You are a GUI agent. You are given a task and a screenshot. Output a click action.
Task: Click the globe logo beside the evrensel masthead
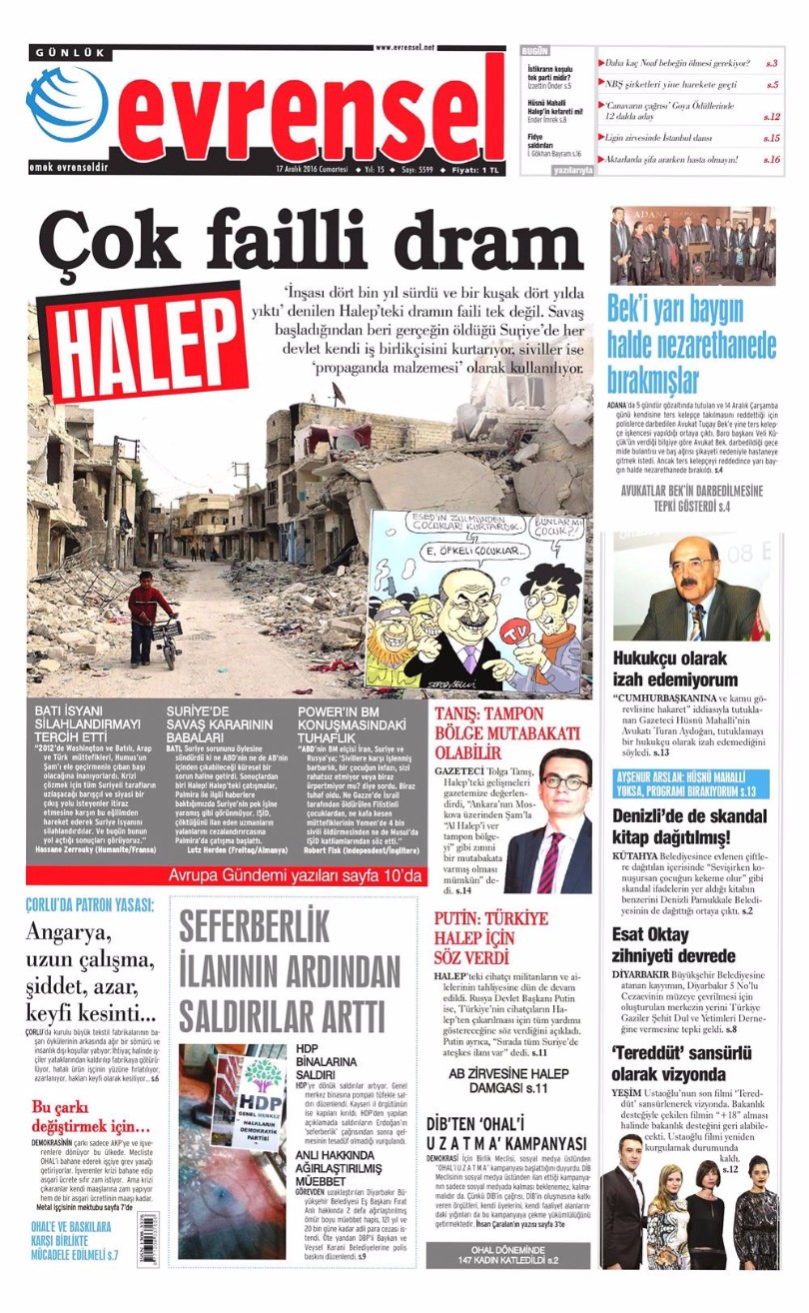point(67,105)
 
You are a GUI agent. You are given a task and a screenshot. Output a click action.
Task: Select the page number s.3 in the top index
point(771,62)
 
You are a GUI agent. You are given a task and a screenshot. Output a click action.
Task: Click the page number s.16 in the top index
point(771,159)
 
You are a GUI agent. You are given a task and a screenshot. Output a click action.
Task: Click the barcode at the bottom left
point(148,1239)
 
